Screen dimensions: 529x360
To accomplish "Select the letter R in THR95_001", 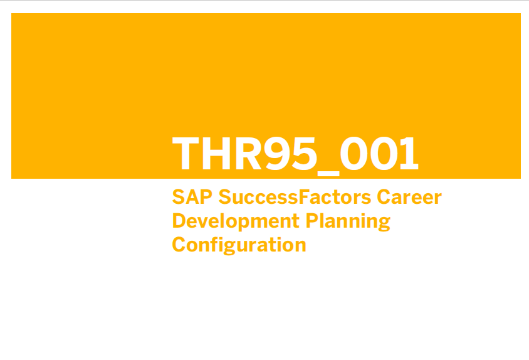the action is [x=249, y=153].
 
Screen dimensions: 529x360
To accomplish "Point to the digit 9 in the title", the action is [x=278, y=153].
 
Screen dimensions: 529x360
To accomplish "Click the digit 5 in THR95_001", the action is [x=305, y=154].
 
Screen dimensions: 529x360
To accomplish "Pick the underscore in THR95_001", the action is [x=328, y=174].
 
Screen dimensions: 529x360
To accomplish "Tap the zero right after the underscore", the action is [x=354, y=153].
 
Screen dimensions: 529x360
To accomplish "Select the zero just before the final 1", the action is [x=384, y=153].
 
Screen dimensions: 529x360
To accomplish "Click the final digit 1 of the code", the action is [x=409, y=153].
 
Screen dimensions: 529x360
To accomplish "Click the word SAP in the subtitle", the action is [x=192, y=197].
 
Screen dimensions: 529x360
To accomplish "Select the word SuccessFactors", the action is [x=295, y=197].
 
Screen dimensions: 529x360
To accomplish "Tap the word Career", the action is [x=409, y=197].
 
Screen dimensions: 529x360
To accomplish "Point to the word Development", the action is [x=236, y=221].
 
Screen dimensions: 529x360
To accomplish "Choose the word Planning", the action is [x=348, y=221].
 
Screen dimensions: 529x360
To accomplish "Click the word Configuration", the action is [x=239, y=245].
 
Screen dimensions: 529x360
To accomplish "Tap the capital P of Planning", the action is [x=312, y=221].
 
